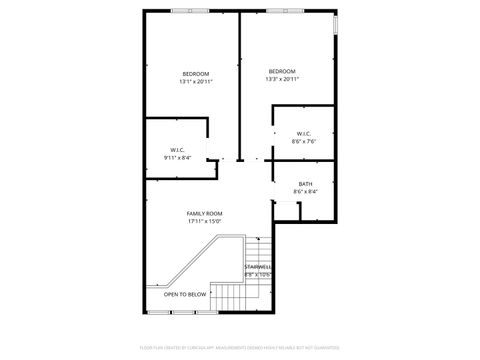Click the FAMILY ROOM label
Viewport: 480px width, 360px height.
pos(204,213)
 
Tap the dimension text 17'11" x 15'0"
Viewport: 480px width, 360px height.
pos(204,221)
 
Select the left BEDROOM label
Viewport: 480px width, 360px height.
pos(196,73)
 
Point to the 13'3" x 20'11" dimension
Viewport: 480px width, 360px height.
pos(282,79)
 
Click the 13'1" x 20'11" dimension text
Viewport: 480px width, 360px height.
pos(196,81)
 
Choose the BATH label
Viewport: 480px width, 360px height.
pos(305,183)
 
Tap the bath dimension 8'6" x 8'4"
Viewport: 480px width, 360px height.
pos(305,191)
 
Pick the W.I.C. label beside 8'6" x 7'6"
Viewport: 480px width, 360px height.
pos(304,134)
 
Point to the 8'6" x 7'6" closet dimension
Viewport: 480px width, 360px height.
pos(304,142)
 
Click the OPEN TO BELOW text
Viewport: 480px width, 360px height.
pos(185,294)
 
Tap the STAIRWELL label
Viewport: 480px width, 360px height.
pos(258,266)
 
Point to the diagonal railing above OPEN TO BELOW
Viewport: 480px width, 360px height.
pos(190,261)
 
